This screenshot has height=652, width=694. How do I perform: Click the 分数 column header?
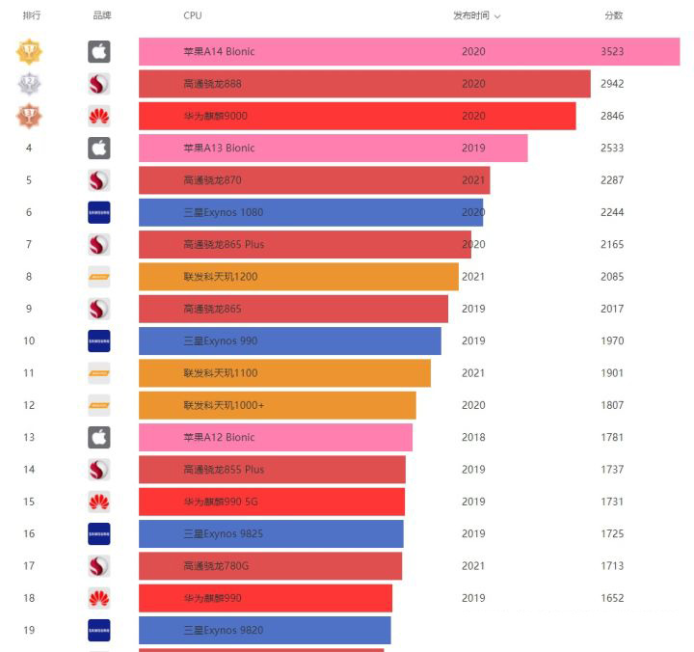[x=613, y=15]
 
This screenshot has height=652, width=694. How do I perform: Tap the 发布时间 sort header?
[x=476, y=16]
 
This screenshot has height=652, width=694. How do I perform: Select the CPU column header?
[x=193, y=16]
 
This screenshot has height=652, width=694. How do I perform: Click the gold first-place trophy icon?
[x=29, y=52]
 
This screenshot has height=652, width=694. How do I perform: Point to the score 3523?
[x=612, y=52]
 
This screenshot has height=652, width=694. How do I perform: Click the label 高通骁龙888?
[x=212, y=84]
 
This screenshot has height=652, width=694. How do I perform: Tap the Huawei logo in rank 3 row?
[x=99, y=116]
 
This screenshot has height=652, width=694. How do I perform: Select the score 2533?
[x=612, y=149]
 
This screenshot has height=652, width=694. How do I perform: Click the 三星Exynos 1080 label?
[x=223, y=212]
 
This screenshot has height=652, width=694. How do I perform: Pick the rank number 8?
[x=29, y=277]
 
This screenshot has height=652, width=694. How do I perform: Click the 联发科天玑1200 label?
[x=221, y=277]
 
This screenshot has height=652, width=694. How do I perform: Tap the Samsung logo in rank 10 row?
[x=99, y=340]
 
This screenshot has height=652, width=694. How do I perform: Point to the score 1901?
[x=612, y=373]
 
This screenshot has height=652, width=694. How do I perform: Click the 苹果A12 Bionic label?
[x=219, y=437]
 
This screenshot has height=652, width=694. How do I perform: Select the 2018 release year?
[x=473, y=437]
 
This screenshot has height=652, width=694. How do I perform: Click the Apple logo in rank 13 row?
[x=99, y=437]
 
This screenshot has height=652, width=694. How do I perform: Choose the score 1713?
[x=612, y=566]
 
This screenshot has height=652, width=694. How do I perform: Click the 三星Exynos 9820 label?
[x=223, y=631]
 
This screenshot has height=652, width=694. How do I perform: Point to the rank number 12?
[x=29, y=405]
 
